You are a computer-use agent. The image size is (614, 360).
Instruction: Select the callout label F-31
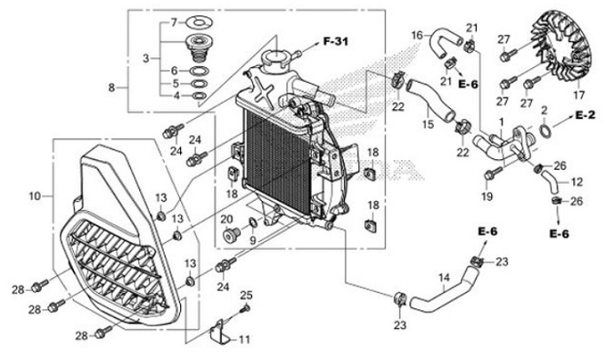(335, 43)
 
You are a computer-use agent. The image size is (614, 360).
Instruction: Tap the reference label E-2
(585, 116)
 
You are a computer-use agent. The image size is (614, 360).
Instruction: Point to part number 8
(112, 88)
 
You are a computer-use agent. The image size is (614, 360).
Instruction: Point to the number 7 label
(176, 22)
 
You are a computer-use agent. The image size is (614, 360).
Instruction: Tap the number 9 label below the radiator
(254, 240)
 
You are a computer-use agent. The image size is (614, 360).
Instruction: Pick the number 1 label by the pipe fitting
(500, 122)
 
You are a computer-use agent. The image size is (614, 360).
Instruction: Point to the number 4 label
(176, 95)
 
